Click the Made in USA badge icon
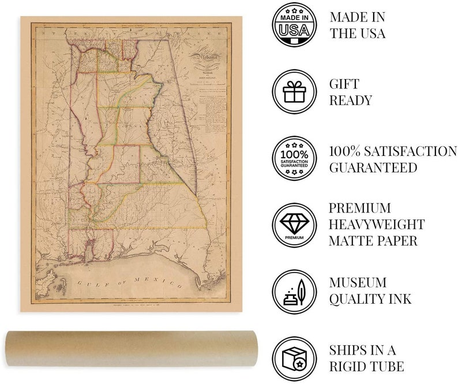click(x=294, y=25)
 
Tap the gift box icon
click(x=294, y=92)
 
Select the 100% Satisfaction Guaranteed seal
click(x=294, y=159)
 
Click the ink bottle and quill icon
click(x=294, y=292)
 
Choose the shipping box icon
click(x=294, y=359)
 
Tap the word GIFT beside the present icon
click(x=344, y=84)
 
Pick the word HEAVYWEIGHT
click(x=377, y=224)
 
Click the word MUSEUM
click(x=358, y=282)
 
